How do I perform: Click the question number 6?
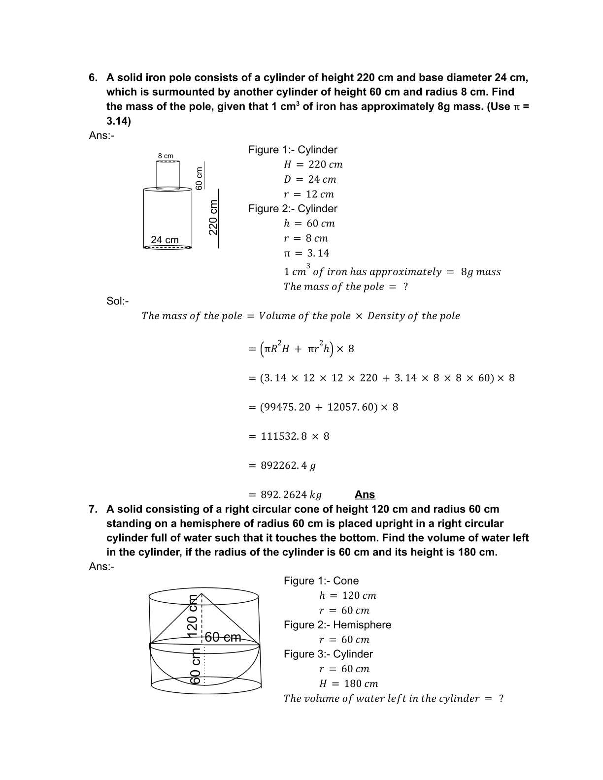coord(93,78)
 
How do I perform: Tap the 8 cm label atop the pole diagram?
coord(166,156)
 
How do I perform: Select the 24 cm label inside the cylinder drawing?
coord(165,240)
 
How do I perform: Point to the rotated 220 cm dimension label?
coord(213,217)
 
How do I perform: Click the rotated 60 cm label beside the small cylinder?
coord(199,178)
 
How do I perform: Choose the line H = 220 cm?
coord(313,164)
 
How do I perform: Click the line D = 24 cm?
coord(310,179)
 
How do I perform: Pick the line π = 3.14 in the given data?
coord(306,253)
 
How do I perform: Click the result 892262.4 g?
coord(288,465)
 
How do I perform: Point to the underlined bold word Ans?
coord(365,494)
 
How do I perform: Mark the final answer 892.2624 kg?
coord(291,494)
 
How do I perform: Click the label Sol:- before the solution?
coord(117,301)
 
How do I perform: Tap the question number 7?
coord(93,509)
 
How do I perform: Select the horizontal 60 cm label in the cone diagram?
coord(223,637)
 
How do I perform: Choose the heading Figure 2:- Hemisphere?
coord(337,625)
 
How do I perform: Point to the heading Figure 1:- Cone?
coord(321,581)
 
